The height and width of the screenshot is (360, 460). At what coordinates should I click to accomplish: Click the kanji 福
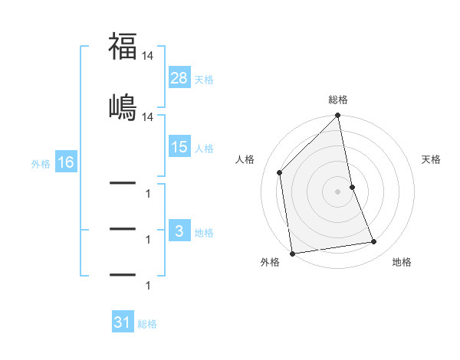coord(123,47)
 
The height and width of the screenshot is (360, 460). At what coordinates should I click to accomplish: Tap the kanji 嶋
coord(123,106)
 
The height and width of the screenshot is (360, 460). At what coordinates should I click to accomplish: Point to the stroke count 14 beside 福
coord(148,56)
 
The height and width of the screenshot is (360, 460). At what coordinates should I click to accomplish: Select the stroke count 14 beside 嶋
coord(148,116)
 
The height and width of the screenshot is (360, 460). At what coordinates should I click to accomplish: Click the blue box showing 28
coord(179,77)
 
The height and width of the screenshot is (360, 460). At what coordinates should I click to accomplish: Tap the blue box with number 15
coord(179,147)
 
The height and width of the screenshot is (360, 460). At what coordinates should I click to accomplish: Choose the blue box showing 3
coord(179,231)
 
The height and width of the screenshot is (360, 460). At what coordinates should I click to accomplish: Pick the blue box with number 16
coord(65,162)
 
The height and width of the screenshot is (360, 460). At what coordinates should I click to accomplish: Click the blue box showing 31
coord(123,322)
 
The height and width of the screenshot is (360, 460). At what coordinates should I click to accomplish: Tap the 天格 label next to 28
coord(204,79)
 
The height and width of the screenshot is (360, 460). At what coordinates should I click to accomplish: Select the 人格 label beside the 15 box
coord(204,149)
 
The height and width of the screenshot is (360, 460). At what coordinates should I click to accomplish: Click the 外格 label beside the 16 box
coord(41,163)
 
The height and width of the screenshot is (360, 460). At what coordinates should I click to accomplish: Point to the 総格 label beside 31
coord(147,324)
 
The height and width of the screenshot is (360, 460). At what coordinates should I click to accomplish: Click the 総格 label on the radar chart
coord(338,100)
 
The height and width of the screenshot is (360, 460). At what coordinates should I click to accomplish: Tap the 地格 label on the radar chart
coord(402,262)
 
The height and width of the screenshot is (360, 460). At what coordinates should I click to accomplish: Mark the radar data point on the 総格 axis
coord(338,116)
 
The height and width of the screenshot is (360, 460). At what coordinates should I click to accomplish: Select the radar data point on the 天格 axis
coord(353,187)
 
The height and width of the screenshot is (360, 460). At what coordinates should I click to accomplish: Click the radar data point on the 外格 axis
coord(292,253)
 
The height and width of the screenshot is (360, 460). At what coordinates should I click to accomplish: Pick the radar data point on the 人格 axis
coord(279,172)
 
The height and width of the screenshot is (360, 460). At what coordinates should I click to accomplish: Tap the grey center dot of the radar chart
coord(338,191)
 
